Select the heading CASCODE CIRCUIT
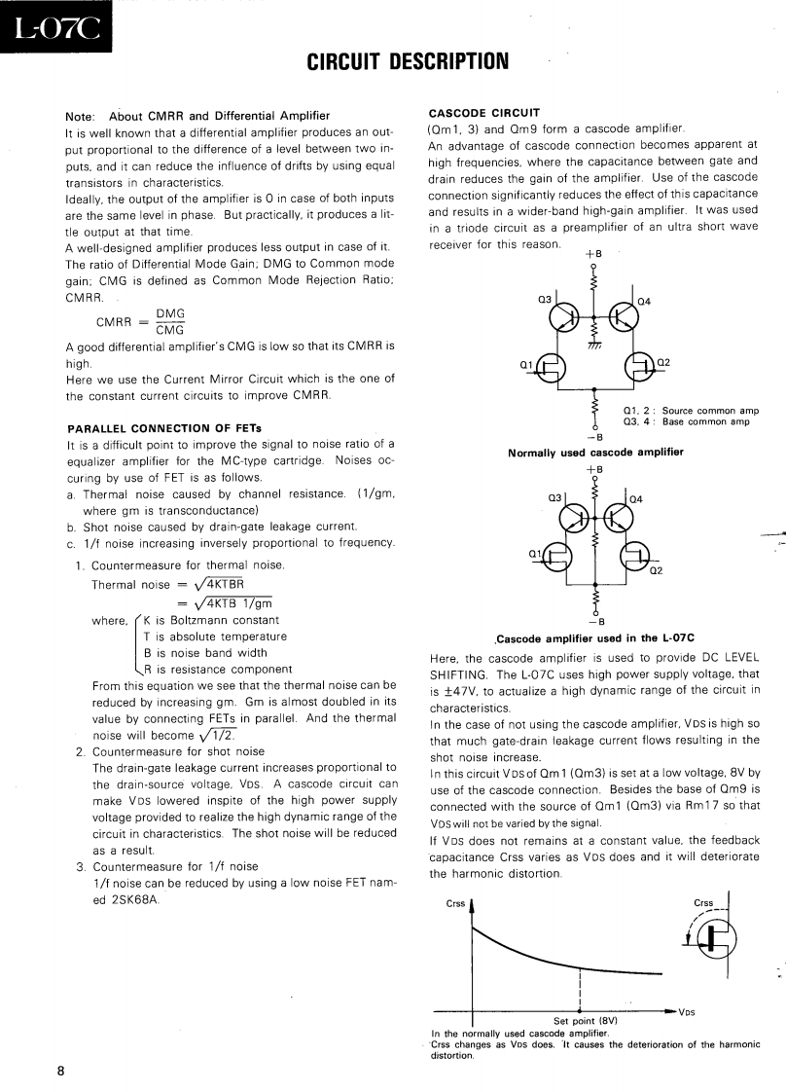pyautogui.click(x=483, y=112)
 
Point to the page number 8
pyautogui.click(x=60, y=1071)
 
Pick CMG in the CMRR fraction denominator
pyautogui.click(x=170, y=330)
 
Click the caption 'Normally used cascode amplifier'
pyautogui.click(x=595, y=452)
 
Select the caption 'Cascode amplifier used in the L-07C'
pyautogui.click(x=595, y=638)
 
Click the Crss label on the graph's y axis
pyautogui.click(x=455, y=904)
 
